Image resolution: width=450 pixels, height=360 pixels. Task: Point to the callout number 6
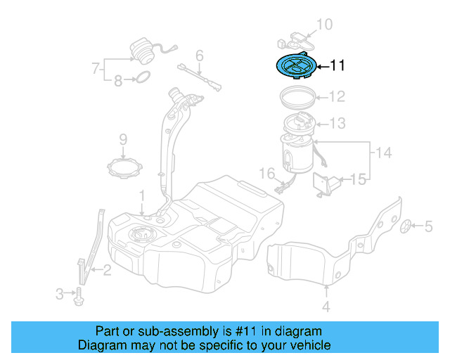(x=200, y=55)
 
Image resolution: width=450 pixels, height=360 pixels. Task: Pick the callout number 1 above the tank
(x=141, y=194)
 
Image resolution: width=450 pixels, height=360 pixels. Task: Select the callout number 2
(x=107, y=269)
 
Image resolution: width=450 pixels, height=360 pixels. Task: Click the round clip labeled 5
(x=406, y=226)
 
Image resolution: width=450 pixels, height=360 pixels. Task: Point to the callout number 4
(x=326, y=306)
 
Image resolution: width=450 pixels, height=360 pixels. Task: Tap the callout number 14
(x=382, y=153)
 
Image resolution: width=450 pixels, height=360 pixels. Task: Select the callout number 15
(x=359, y=180)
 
